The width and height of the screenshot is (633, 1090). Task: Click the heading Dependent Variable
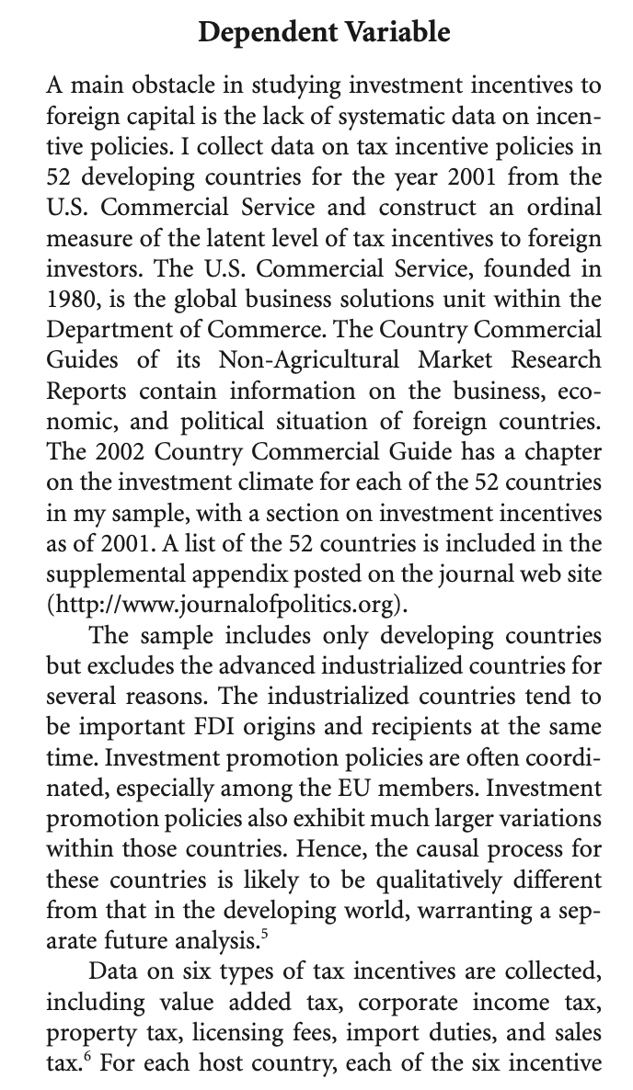325,34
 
